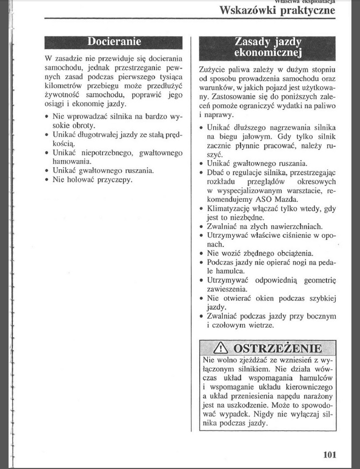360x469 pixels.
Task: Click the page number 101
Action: click(x=329, y=455)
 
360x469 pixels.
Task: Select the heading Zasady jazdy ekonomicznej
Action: click(x=268, y=48)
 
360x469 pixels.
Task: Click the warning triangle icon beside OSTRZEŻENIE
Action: click(x=220, y=349)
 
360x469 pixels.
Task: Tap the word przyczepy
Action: click(x=114, y=179)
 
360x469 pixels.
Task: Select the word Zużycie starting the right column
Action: click(x=213, y=70)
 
